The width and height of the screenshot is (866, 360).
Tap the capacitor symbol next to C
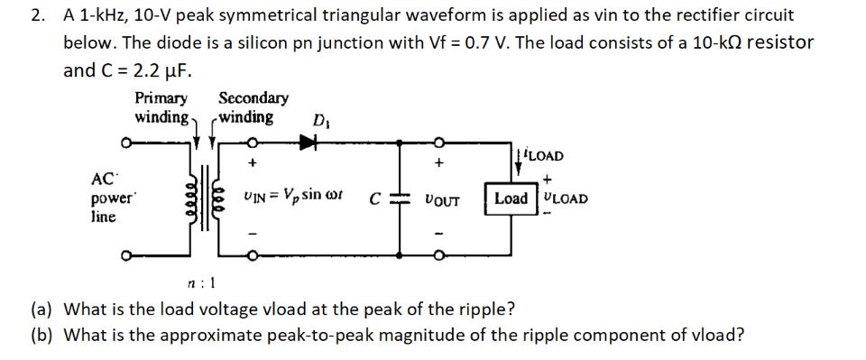pos(406,199)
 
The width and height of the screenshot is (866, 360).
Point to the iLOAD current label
pos(541,155)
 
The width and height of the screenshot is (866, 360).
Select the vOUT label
pos(441,200)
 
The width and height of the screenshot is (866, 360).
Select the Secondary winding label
pos(251,108)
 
